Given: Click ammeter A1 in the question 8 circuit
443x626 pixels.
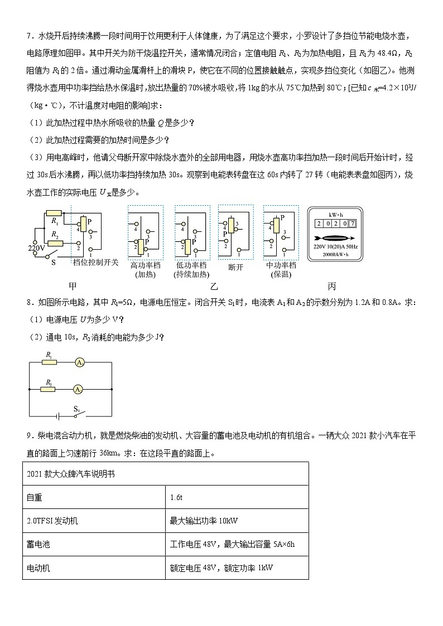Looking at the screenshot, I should [x=80, y=362].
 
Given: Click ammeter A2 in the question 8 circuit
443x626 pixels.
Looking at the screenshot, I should [x=80, y=389].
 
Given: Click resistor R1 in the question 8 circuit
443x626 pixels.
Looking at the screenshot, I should [x=50, y=362].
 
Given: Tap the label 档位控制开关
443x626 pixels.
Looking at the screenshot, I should [x=96, y=262].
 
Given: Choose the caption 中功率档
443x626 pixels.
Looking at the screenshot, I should [x=280, y=265].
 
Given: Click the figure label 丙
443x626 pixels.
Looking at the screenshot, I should [x=332, y=286].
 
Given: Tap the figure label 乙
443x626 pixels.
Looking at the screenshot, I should [x=213, y=286].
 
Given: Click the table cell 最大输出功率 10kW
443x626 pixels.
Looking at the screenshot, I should [x=204, y=521].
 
